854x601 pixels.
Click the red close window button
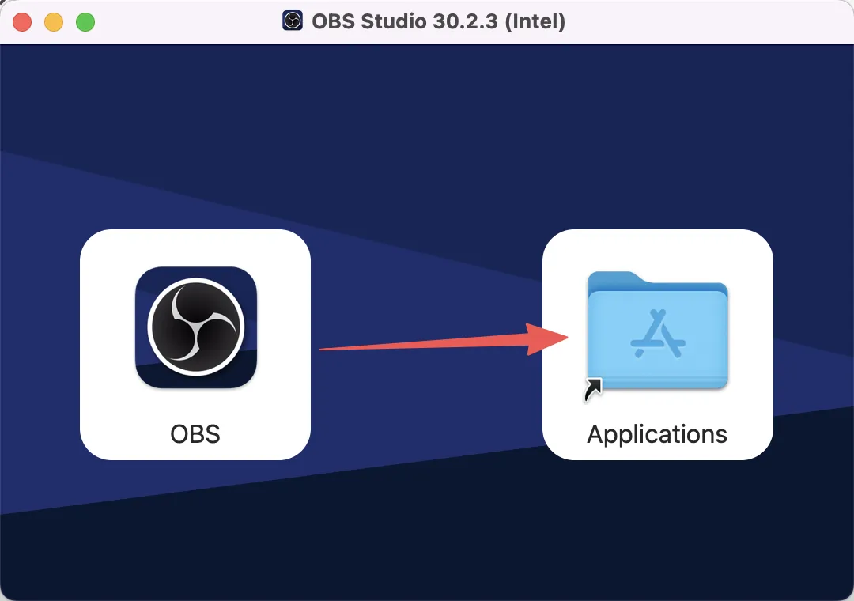coord(22,22)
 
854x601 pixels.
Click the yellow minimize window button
coord(54,22)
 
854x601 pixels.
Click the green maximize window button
coord(85,22)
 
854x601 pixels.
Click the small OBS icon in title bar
coord(293,21)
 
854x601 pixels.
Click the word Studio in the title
coord(389,21)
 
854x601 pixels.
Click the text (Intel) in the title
coord(535,21)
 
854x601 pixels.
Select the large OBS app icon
coord(195,327)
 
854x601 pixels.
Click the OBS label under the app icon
coord(195,433)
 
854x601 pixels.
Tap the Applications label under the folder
coord(657,434)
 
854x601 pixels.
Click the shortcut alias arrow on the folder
coord(593,389)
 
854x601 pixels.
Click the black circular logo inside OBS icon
coord(195,327)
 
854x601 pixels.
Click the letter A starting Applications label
coord(596,433)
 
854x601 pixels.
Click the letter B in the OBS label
coord(196,433)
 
